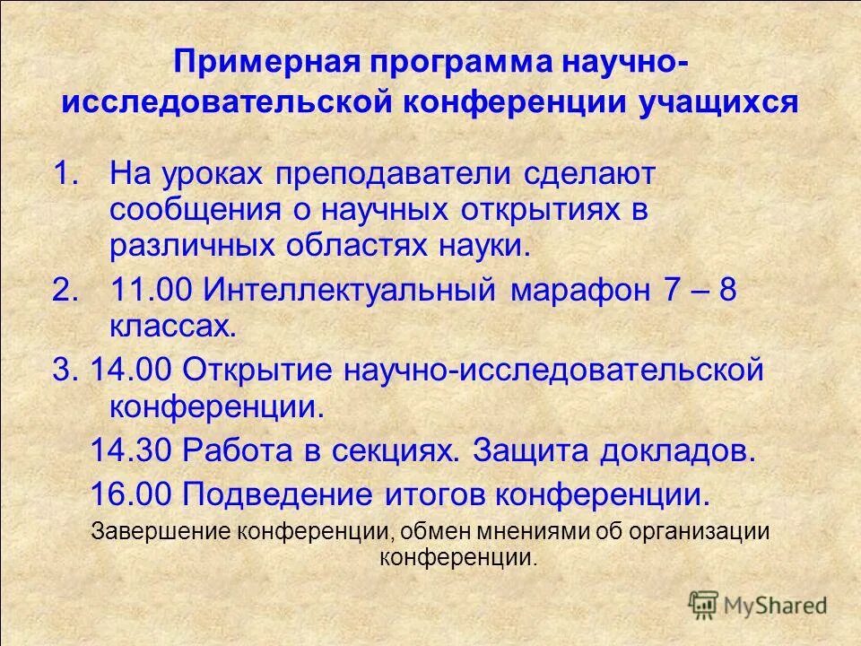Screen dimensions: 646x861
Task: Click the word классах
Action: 172,327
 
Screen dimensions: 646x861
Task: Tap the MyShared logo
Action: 759,604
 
